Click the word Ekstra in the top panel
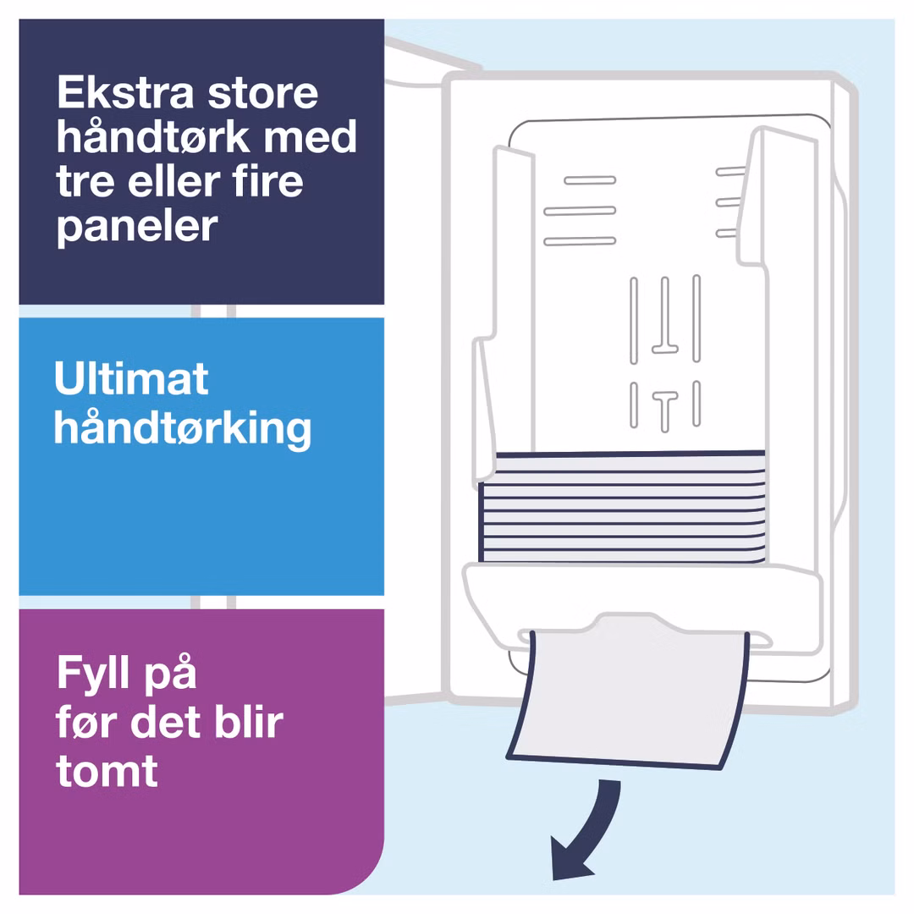pyautogui.click(x=125, y=92)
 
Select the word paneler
pyautogui.click(x=137, y=227)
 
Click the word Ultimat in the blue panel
pyautogui.click(x=131, y=378)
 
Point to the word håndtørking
pyautogui.click(x=183, y=428)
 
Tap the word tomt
pyautogui.click(x=107, y=772)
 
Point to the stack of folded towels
pyautogui.click(x=622, y=507)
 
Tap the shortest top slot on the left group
pyautogui.click(x=590, y=181)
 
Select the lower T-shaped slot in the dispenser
pyautogui.click(x=665, y=411)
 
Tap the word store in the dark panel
pyautogui.click(x=263, y=94)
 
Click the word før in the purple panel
pyautogui.click(x=86, y=722)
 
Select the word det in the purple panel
pyautogui.click(x=166, y=722)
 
